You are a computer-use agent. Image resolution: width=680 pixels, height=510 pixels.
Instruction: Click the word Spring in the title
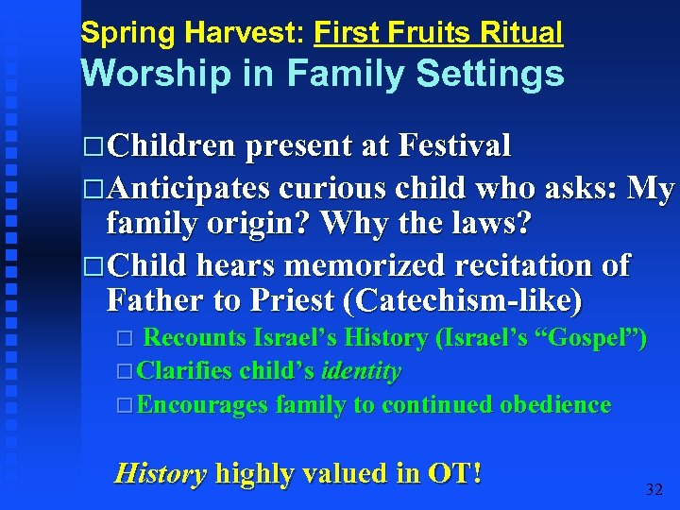(115, 34)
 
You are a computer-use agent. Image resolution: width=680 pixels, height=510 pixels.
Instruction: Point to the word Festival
(455, 146)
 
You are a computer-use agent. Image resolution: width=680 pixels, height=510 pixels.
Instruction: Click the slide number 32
(654, 489)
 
